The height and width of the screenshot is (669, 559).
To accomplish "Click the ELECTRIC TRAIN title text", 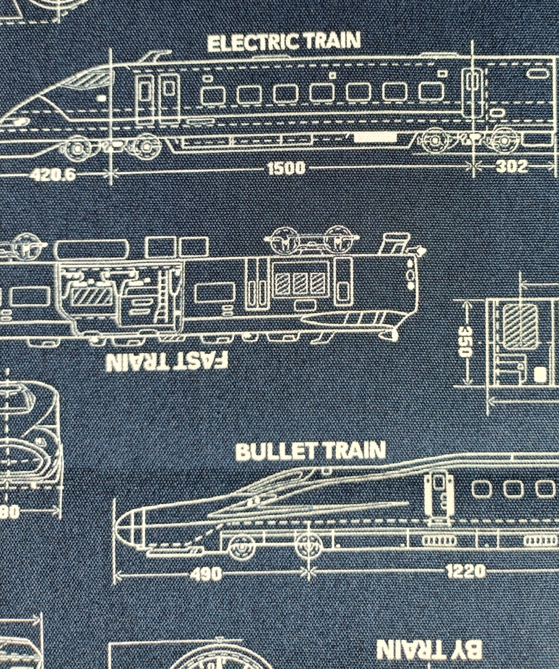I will tap(284, 42).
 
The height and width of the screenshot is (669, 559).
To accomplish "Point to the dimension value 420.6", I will tap(53, 174).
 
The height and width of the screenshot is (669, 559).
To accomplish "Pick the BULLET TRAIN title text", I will tap(311, 451).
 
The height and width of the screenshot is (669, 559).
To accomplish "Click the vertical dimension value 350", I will tap(465, 341).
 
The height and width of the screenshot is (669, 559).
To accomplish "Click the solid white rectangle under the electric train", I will tap(375, 138).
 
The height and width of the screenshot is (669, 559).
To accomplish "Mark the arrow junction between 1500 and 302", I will tap(473, 165).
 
